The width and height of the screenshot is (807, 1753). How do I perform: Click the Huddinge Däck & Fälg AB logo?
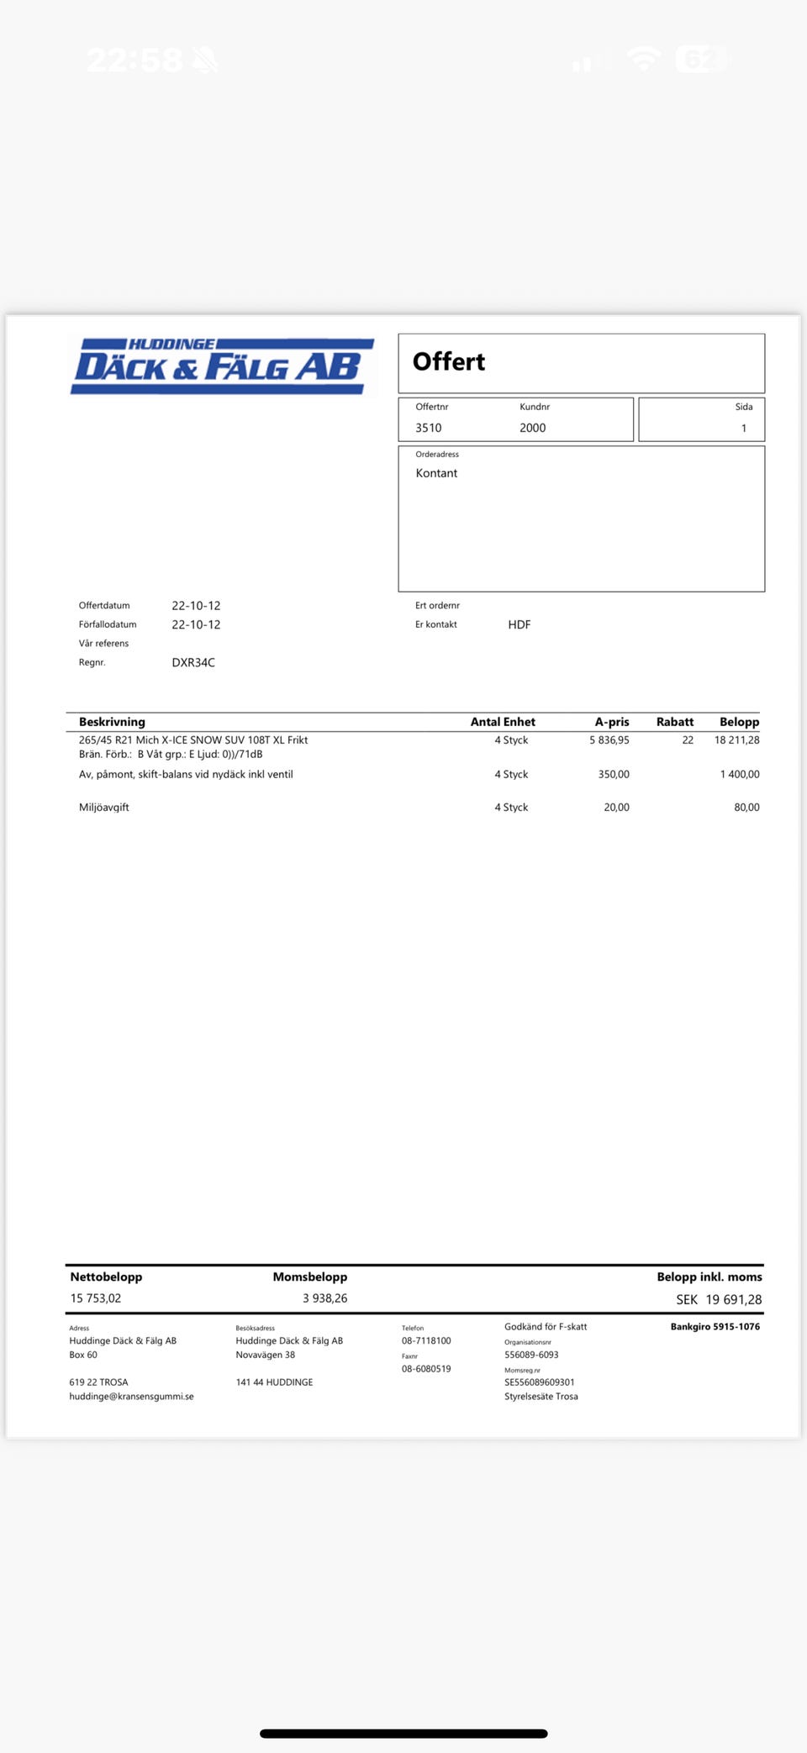click(222, 366)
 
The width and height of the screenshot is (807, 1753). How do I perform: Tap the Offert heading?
click(448, 362)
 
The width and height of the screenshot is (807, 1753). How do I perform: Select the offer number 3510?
click(428, 428)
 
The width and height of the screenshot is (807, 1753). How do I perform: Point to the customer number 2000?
click(532, 428)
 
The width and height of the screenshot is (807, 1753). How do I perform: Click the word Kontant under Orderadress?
click(436, 473)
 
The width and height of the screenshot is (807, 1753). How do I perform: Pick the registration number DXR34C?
click(193, 662)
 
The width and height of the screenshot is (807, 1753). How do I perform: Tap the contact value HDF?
click(519, 624)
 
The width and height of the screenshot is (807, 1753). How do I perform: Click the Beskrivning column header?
click(112, 722)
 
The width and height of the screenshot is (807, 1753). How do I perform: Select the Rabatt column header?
click(674, 722)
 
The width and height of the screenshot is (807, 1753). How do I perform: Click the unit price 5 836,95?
click(609, 740)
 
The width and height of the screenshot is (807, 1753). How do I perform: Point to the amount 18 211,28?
click(736, 740)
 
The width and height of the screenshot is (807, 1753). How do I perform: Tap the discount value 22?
click(688, 740)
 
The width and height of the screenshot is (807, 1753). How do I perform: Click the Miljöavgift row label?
click(104, 808)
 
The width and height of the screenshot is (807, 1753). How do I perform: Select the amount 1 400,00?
click(739, 774)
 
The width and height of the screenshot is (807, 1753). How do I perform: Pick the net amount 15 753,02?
click(96, 1298)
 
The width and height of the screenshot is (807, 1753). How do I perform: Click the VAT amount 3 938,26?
click(324, 1298)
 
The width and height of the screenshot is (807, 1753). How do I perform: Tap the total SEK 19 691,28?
click(719, 1299)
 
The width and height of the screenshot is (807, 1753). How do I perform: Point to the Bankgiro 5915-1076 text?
click(715, 1327)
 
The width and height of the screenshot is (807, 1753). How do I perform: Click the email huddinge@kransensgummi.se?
click(131, 1397)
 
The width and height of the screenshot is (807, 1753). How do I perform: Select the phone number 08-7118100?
click(426, 1341)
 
